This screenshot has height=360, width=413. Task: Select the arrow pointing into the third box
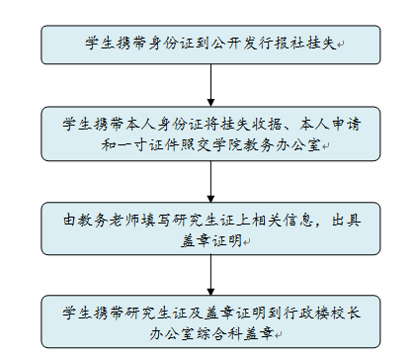pyautogui.click(x=211, y=183)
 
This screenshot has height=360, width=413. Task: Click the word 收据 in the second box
pyautogui.click(x=253, y=125)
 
